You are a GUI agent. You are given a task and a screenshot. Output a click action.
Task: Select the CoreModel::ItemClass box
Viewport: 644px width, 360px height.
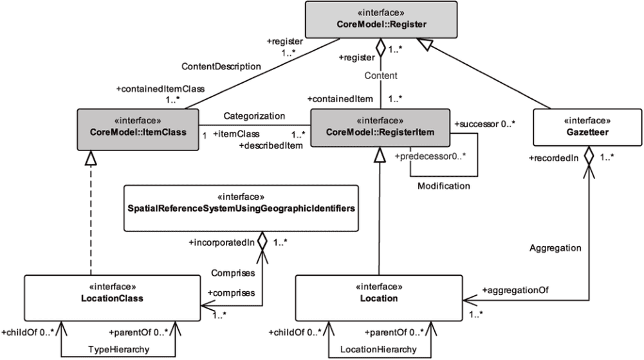(137, 126)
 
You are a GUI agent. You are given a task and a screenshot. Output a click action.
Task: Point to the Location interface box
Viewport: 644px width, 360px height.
(378, 294)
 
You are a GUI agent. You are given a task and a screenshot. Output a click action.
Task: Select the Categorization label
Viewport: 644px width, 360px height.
(254, 116)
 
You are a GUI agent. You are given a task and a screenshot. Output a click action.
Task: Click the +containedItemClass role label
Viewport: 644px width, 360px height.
(154, 89)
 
